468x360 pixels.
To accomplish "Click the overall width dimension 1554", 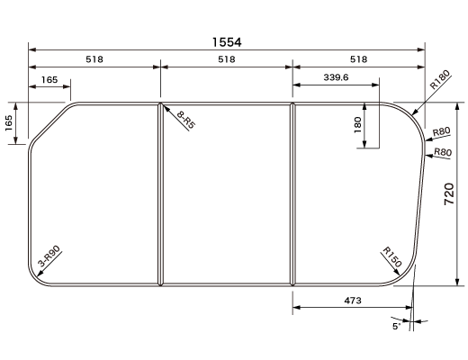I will point(227,41).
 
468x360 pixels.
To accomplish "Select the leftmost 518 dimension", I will point(94,59).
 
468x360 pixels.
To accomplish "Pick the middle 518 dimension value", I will point(226,59).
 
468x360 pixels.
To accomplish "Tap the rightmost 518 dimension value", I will point(358,59).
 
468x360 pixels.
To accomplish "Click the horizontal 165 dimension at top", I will point(49,80).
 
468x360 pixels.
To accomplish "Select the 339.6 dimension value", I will point(335,78).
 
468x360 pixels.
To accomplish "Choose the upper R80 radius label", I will point(441,132).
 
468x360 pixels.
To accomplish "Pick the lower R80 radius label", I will point(442,152).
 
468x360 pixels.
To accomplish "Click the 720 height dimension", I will point(449,194).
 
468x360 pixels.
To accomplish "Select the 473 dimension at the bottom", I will point(352,301).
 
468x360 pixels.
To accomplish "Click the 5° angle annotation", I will point(396,327).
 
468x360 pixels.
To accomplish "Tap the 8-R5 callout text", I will point(186,120).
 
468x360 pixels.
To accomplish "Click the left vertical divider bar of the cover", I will point(160,193).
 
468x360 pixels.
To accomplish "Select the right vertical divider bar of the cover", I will point(292,193).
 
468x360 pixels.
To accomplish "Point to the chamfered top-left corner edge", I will point(50,125).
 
